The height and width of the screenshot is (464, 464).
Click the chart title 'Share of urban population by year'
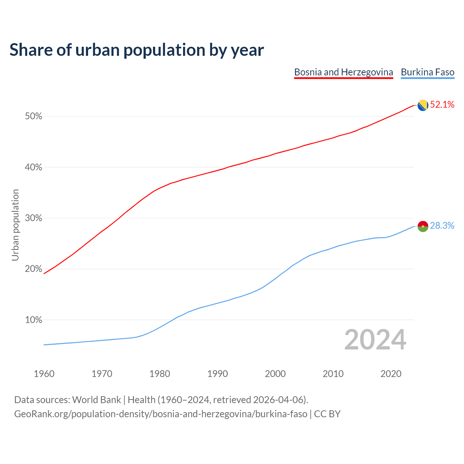tap(137, 50)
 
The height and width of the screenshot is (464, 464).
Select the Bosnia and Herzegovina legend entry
tap(343, 72)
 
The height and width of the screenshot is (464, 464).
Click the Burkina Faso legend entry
tap(427, 72)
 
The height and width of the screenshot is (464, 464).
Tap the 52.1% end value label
tap(442, 105)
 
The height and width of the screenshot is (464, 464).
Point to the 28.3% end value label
tap(442, 226)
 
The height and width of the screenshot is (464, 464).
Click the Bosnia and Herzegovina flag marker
tap(423, 105)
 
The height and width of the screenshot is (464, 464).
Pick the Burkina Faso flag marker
tap(423, 226)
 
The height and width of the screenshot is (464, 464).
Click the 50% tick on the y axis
tap(33, 116)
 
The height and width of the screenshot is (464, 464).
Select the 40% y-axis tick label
tap(33, 167)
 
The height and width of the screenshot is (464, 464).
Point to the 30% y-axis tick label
tap(33, 218)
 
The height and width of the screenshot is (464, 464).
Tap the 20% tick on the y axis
tap(33, 269)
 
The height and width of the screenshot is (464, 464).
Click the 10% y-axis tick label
tap(33, 320)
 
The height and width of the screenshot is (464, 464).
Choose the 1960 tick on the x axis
tap(44, 374)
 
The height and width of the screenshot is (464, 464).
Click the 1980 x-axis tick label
tap(160, 374)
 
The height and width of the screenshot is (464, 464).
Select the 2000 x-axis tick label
tap(275, 374)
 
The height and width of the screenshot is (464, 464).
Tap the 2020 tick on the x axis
tap(391, 374)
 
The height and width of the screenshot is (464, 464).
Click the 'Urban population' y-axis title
tap(15, 225)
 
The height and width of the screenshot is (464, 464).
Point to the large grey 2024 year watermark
tap(375, 340)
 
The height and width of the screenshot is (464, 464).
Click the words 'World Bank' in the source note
tap(96, 400)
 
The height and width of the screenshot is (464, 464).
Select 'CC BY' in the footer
tap(327, 414)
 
